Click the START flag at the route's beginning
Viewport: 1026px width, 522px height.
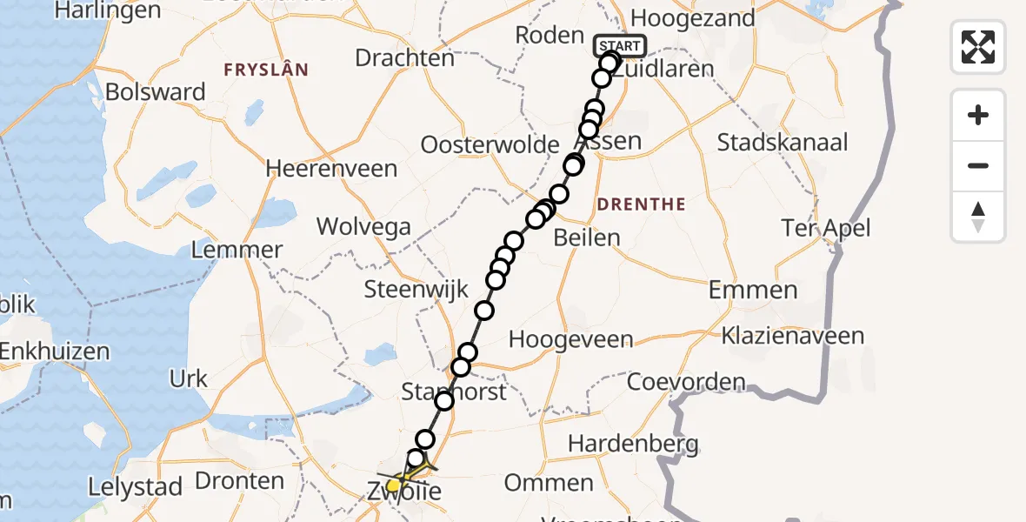click(x=619, y=46)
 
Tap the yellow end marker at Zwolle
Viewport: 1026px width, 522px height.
click(x=394, y=485)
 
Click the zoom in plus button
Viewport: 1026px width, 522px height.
click(x=978, y=115)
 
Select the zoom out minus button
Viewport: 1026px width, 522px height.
click(x=978, y=165)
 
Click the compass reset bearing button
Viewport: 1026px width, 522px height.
click(x=978, y=217)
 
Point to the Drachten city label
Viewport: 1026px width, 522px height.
click(x=405, y=58)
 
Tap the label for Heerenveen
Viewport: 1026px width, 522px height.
click(x=331, y=168)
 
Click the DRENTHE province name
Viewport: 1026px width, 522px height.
click(x=641, y=204)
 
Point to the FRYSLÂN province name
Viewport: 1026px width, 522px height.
click(x=265, y=70)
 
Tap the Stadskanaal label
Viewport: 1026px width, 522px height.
click(x=783, y=142)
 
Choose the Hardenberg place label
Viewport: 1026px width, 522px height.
click(x=633, y=445)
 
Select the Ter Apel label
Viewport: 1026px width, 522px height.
click(x=825, y=228)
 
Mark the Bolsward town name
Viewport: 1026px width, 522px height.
click(x=155, y=92)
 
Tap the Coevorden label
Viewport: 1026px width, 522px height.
click(x=686, y=381)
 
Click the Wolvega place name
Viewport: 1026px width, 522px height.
click(x=363, y=227)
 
